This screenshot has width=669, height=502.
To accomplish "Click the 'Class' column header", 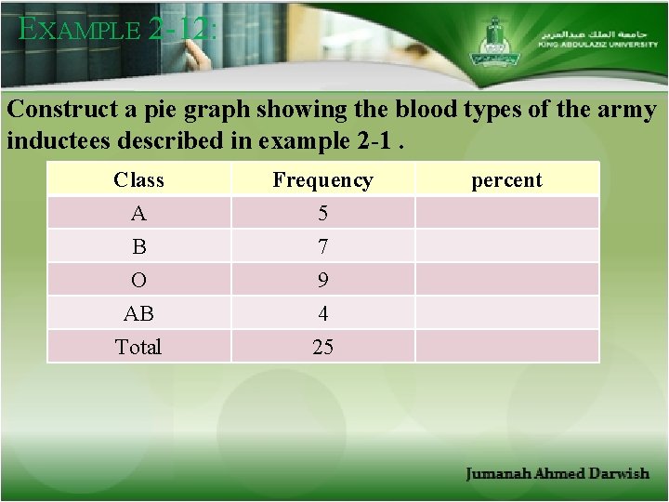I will (138, 180).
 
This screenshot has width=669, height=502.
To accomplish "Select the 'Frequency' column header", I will (322, 180).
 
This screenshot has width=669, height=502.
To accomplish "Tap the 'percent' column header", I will (506, 180).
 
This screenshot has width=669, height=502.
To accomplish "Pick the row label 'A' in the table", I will (138, 214).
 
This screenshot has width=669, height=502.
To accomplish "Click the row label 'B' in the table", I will (138, 247).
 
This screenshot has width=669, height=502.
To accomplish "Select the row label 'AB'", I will (138, 314).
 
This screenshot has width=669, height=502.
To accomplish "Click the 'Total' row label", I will (138, 348).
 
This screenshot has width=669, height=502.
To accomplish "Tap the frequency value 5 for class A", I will (322, 214).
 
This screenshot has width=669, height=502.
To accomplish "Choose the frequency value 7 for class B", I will (322, 247).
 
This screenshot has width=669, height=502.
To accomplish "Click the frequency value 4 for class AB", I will (322, 314).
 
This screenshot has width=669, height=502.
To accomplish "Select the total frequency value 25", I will (322, 348).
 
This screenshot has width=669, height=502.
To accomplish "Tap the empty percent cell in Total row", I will (506, 348).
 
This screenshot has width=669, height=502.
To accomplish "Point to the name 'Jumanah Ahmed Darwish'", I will (557, 474).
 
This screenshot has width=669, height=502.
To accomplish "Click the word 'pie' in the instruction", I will (189, 110).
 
